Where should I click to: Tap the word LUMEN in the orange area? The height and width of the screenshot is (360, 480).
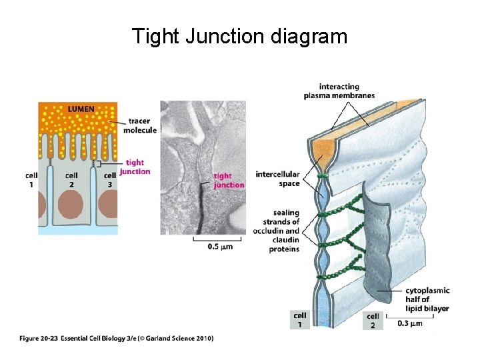(80, 108)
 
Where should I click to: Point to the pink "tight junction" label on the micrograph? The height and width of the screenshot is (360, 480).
(228, 180)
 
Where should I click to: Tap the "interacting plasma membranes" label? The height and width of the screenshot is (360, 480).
(339, 91)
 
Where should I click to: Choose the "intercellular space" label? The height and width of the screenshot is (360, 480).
(280, 179)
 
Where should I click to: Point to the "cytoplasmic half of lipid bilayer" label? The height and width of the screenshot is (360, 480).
(427, 299)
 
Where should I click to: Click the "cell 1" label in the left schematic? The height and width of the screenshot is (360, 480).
(31, 179)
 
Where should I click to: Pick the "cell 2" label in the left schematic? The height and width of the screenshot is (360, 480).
(71, 179)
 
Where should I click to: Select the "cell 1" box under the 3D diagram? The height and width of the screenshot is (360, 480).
(300, 319)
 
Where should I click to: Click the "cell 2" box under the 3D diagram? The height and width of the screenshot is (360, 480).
(373, 320)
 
